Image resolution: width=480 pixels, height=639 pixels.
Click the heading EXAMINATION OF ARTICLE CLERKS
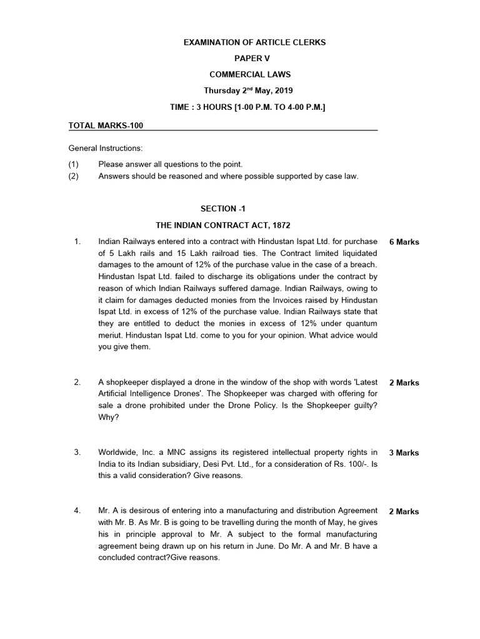click(254, 42)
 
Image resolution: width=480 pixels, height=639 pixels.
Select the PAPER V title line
click(254, 59)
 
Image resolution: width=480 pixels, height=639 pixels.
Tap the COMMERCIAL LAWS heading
click(254, 75)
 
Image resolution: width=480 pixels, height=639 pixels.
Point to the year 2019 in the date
click(283, 91)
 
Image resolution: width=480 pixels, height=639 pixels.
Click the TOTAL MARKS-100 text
click(106, 125)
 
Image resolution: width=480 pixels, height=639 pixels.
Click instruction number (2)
click(74, 177)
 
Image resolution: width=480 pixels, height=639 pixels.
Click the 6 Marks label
click(404, 242)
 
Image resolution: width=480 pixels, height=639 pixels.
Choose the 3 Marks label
click(404, 453)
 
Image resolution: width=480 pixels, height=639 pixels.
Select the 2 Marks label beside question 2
click(404, 383)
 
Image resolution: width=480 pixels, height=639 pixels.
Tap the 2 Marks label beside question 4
click(404, 512)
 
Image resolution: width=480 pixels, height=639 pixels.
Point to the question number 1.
click(77, 241)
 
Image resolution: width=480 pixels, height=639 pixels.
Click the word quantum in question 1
click(362, 324)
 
